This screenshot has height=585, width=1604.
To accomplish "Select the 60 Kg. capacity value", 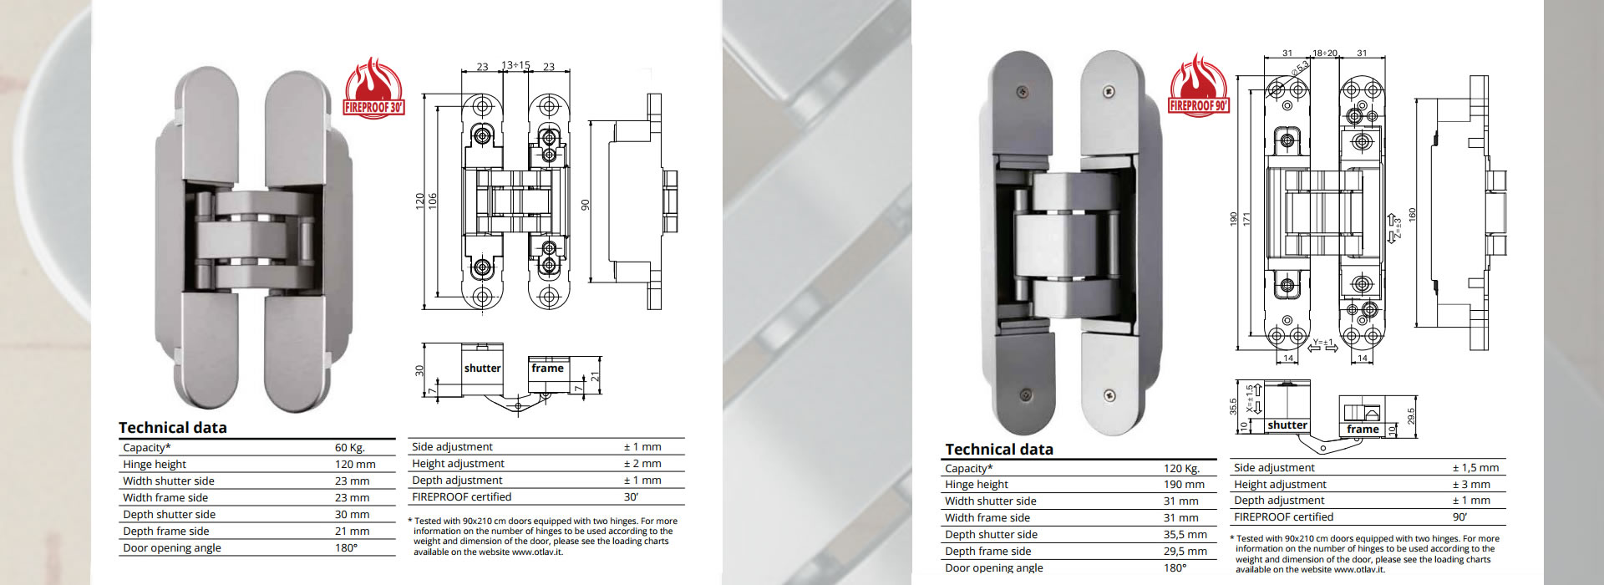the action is click(350, 448).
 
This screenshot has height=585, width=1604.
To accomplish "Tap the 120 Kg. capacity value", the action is click(1181, 469).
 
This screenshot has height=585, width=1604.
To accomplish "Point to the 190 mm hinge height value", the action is click(1184, 485).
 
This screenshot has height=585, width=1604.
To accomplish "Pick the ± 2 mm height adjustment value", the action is click(642, 464).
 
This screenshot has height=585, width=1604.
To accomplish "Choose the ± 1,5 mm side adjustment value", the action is click(1475, 468).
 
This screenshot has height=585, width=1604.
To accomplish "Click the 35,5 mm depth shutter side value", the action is click(1185, 535).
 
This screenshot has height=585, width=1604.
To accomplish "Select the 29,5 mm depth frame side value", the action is click(1185, 552).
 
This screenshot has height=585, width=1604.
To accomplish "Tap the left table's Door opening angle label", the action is click(172, 548).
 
